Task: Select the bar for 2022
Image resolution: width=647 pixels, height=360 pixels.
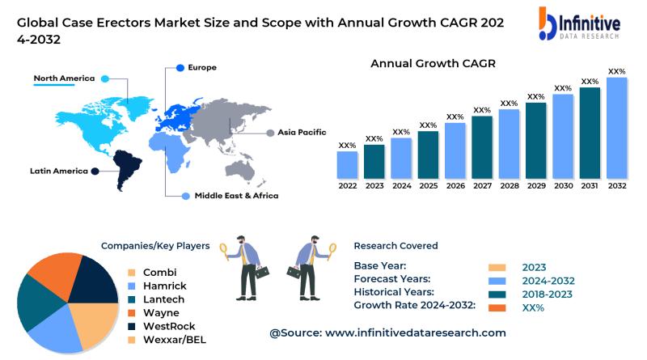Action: [x=348, y=164]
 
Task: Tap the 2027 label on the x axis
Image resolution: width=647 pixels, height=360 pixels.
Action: [x=482, y=185]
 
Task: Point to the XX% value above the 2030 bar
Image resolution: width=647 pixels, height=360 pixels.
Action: [x=563, y=88]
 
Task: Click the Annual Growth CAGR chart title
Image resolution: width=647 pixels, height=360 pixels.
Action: [x=433, y=63]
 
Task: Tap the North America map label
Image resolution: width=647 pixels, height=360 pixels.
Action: [x=64, y=78]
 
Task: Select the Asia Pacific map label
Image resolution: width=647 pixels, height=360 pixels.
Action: [x=302, y=131]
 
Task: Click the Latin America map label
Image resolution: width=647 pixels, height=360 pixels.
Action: [x=58, y=171]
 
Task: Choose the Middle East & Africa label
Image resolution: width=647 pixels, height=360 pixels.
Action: [x=236, y=196]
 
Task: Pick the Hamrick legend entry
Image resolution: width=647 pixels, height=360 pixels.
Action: [x=163, y=286]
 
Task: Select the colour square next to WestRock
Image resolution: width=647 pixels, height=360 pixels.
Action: [x=131, y=326]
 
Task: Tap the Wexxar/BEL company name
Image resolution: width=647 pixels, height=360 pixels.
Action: [x=175, y=340]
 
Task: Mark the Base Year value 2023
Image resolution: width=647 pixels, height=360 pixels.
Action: [x=534, y=267]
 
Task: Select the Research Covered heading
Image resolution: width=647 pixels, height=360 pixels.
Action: [x=395, y=245]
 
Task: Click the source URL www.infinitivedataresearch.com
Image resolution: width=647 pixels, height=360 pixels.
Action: [x=415, y=332]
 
